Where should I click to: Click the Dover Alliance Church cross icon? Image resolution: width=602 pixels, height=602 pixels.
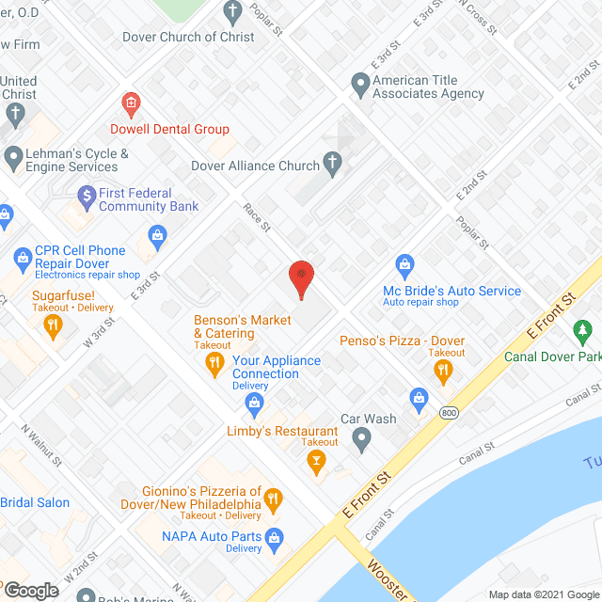[x=331, y=166]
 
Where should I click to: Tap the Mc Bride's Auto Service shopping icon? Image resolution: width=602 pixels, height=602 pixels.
[x=404, y=264]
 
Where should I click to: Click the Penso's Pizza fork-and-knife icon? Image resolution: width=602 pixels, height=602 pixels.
[x=443, y=372]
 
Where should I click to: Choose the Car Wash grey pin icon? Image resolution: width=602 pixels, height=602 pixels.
[x=361, y=436]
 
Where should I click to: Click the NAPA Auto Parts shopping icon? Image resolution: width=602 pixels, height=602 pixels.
[x=274, y=537]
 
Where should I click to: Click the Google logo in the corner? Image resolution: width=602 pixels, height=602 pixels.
[x=30, y=590]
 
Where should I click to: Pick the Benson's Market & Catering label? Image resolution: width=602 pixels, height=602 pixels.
[x=242, y=326]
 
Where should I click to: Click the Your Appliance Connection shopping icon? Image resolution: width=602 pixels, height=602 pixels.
[x=253, y=404]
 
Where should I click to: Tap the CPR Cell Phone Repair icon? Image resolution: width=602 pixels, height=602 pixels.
[x=20, y=257]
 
